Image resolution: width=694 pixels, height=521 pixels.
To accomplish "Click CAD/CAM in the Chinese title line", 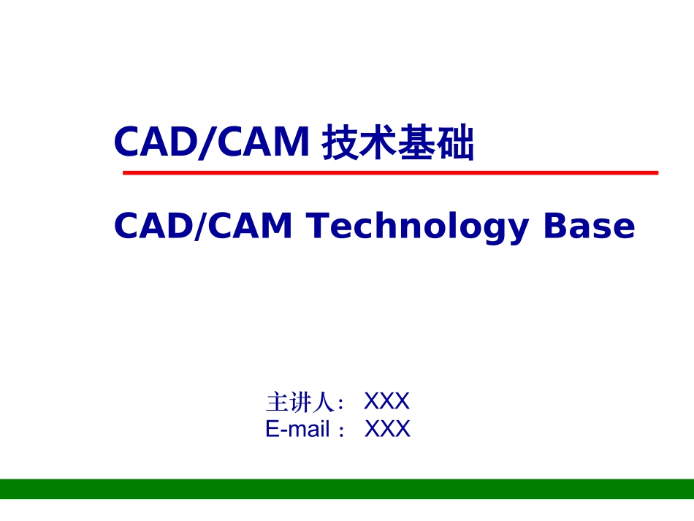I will [212, 142].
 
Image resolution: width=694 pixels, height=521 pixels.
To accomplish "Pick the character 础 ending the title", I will [455, 143].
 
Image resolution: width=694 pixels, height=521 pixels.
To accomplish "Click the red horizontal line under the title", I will [390, 173].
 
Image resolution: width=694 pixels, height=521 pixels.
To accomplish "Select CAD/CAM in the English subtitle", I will [203, 227].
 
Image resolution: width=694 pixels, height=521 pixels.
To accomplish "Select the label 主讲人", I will [300, 402].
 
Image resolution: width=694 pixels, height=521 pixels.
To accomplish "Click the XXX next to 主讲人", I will [386, 401].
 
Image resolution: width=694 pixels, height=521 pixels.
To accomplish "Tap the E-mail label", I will [298, 429].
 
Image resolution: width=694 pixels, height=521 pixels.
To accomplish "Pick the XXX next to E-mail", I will [387, 429].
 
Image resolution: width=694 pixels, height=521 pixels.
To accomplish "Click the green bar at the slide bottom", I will [347, 489].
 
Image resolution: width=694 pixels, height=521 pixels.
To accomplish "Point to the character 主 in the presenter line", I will [276, 402].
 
